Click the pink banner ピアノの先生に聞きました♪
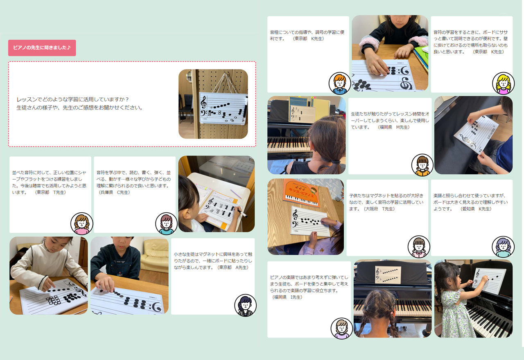click(x=42, y=48)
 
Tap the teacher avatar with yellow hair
click(x=503, y=83)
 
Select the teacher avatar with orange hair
click(x=339, y=83)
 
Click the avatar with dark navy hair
click(x=245, y=305)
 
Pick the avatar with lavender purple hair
click(x=503, y=247)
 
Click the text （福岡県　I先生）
click(x=287, y=297)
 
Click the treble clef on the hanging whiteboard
click(x=204, y=102)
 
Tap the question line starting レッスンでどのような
click(x=72, y=99)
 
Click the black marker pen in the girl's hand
click(x=242, y=213)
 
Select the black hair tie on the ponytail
click(x=336, y=162)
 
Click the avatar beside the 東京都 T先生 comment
click(x=81, y=224)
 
